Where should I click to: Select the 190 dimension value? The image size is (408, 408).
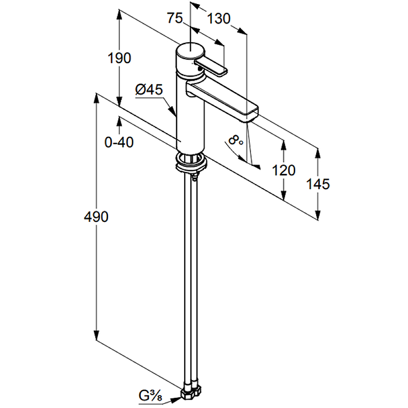(x=119, y=58)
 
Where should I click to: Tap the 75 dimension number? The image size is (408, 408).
(x=175, y=18)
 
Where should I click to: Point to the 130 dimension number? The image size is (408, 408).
(x=219, y=19)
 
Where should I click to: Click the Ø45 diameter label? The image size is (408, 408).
(x=148, y=90)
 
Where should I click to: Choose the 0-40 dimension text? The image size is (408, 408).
(x=119, y=143)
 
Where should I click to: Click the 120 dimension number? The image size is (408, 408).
(x=284, y=170)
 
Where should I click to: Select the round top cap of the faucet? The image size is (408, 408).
(x=190, y=50)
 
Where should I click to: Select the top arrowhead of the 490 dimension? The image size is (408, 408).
(x=96, y=98)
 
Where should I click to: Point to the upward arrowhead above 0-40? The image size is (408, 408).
(x=119, y=121)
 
